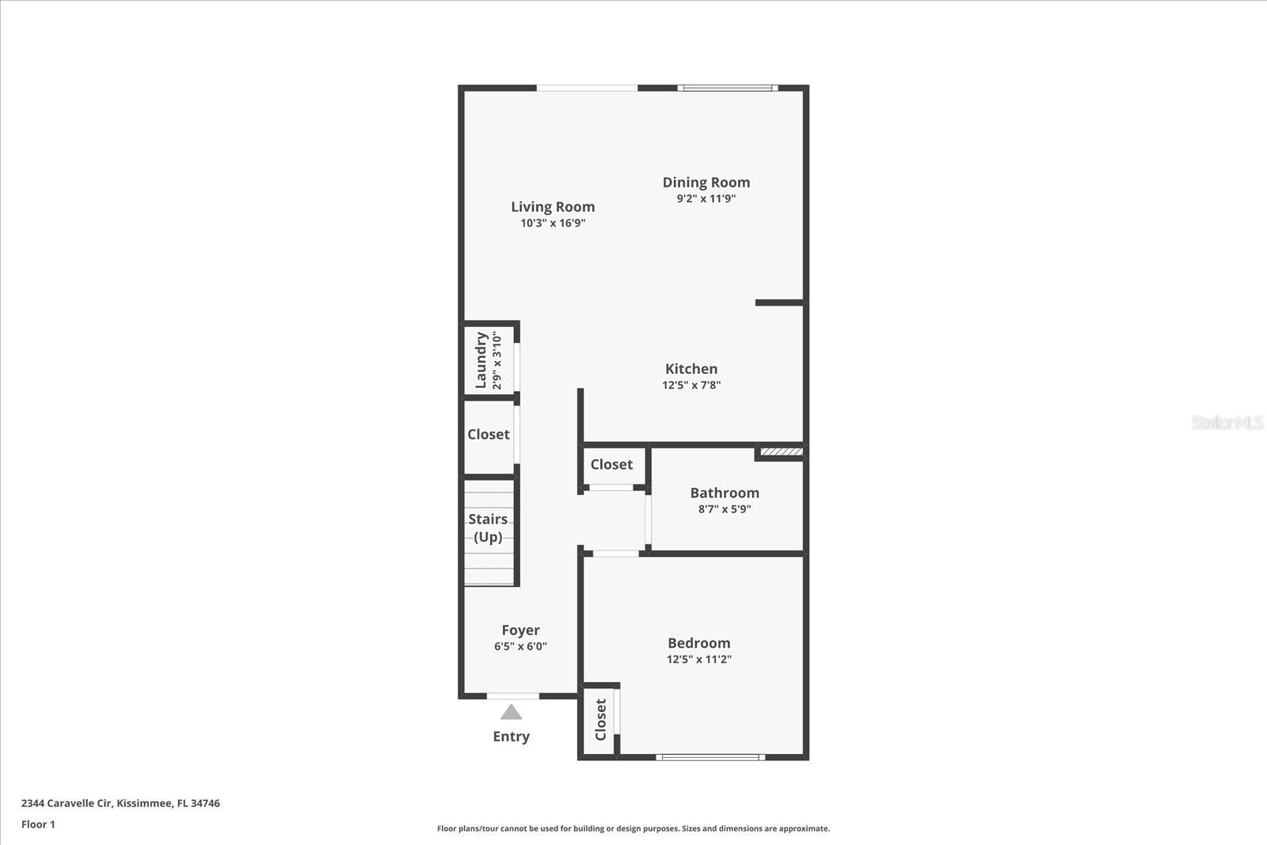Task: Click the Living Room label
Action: click(553, 207)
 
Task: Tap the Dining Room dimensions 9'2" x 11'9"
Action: click(706, 199)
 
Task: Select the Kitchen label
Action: click(691, 369)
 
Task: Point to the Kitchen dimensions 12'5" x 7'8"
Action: click(691, 385)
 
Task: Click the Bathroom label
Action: click(725, 493)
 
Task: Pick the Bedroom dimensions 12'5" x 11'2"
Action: click(699, 659)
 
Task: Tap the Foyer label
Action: click(520, 630)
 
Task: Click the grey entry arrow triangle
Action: click(512, 712)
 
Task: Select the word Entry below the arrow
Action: click(512, 737)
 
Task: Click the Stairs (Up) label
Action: click(488, 527)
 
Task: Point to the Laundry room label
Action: click(481, 360)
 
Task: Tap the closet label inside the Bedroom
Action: click(601, 719)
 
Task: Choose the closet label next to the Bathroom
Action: click(611, 464)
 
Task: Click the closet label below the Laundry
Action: click(488, 434)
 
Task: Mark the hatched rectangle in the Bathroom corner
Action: click(781, 452)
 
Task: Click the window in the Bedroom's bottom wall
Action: click(711, 757)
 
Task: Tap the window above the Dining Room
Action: click(728, 88)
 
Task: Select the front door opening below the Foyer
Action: click(513, 696)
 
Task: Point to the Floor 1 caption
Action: click(39, 824)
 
